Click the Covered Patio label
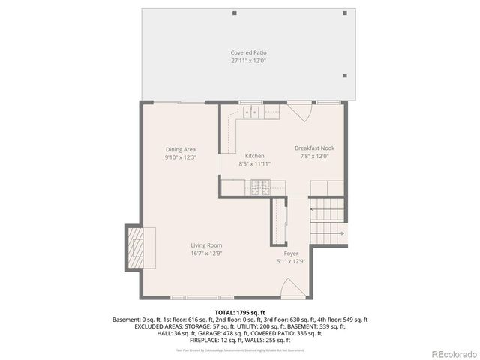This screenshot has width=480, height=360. [248, 52]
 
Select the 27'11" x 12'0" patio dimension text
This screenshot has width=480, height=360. [248, 61]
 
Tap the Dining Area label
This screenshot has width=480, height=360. [180, 149]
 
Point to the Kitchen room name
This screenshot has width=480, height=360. [255, 155]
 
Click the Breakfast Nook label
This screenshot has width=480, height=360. [314, 148]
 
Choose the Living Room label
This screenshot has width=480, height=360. [205, 244]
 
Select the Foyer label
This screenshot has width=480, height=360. [291, 253]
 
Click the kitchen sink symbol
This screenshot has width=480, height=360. [250, 112]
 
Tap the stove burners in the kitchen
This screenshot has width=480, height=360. [261, 186]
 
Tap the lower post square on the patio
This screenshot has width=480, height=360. [343, 75]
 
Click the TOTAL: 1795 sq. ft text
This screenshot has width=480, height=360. [240, 312]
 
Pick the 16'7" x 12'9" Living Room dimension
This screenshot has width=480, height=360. [205, 253]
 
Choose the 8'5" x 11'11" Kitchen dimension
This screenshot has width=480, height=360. [255, 163]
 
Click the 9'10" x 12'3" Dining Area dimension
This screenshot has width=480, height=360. [180, 157]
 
